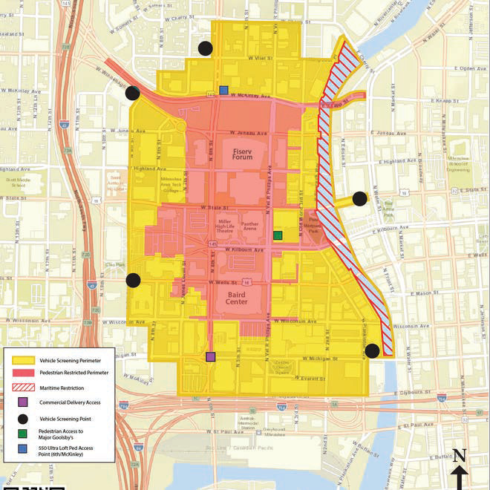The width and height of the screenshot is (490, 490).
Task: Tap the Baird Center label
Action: pos(242,298)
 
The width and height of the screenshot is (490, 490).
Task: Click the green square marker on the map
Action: pos(278,235)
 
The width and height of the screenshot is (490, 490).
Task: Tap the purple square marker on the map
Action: pos(211,356)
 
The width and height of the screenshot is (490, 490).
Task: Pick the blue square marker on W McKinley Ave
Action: pos(223,91)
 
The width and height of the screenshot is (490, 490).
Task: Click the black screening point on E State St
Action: pos(359,198)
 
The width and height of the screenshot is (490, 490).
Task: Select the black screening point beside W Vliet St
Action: pos(206,49)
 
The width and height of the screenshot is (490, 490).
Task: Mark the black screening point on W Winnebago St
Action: pos(133,93)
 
